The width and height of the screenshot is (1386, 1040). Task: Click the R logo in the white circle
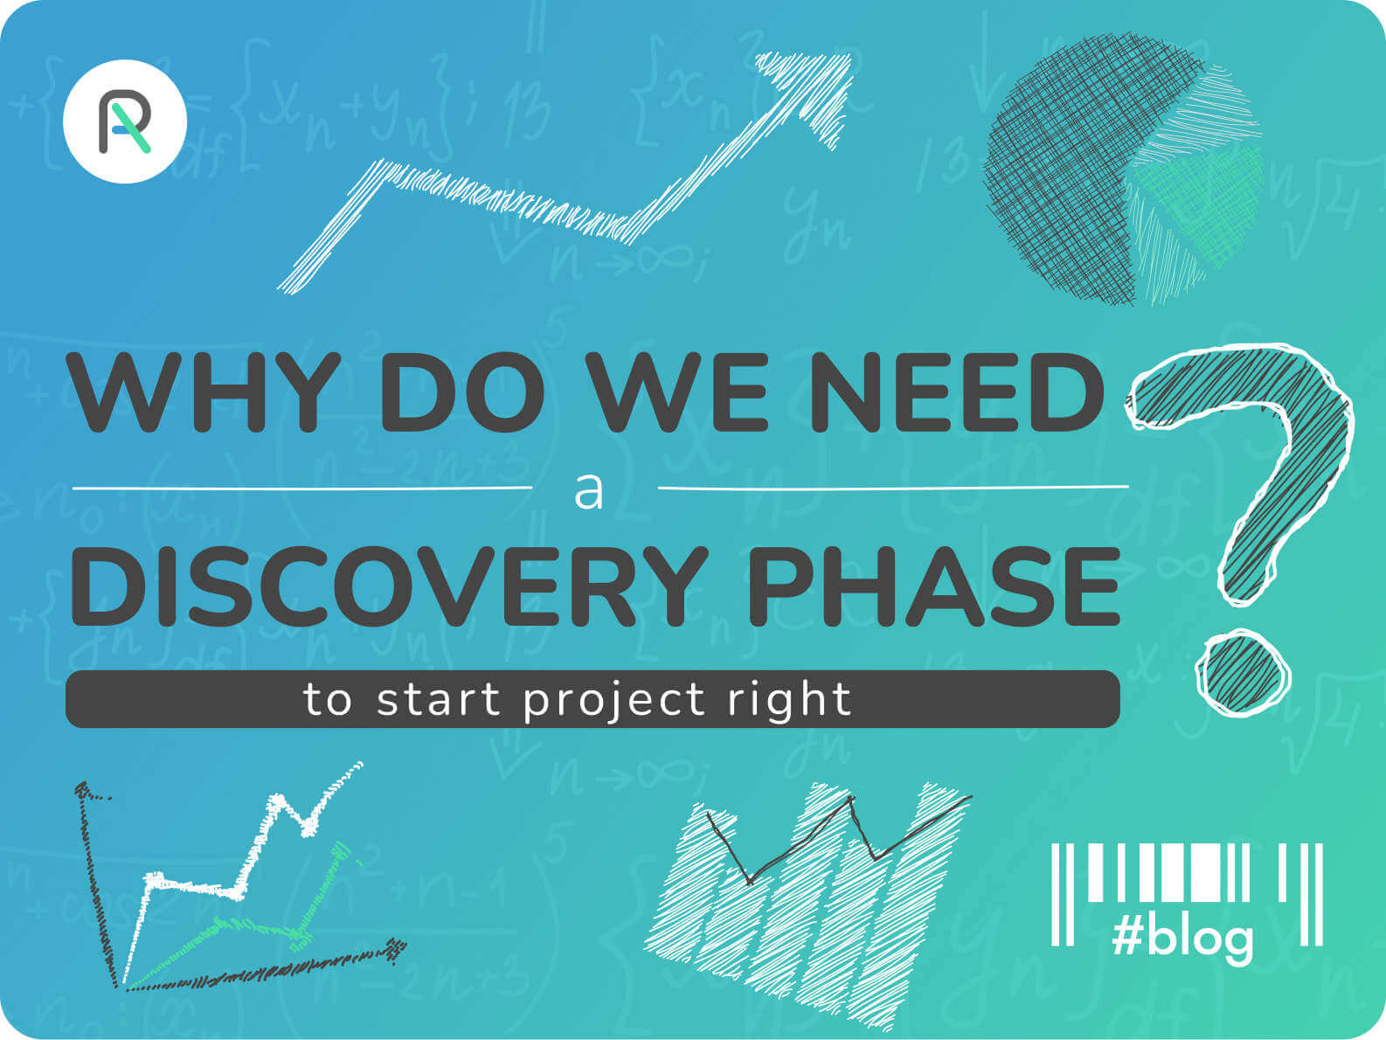[124, 121]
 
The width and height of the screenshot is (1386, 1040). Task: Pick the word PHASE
[934, 586]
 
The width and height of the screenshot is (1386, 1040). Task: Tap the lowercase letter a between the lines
[588, 493]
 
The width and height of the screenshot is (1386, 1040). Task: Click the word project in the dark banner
[613, 701]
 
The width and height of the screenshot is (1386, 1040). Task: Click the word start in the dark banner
[439, 700]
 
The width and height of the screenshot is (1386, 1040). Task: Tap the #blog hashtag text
[1182, 939]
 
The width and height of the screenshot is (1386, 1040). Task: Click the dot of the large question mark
[1243, 673]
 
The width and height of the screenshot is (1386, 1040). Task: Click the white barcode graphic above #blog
[1187, 894]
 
